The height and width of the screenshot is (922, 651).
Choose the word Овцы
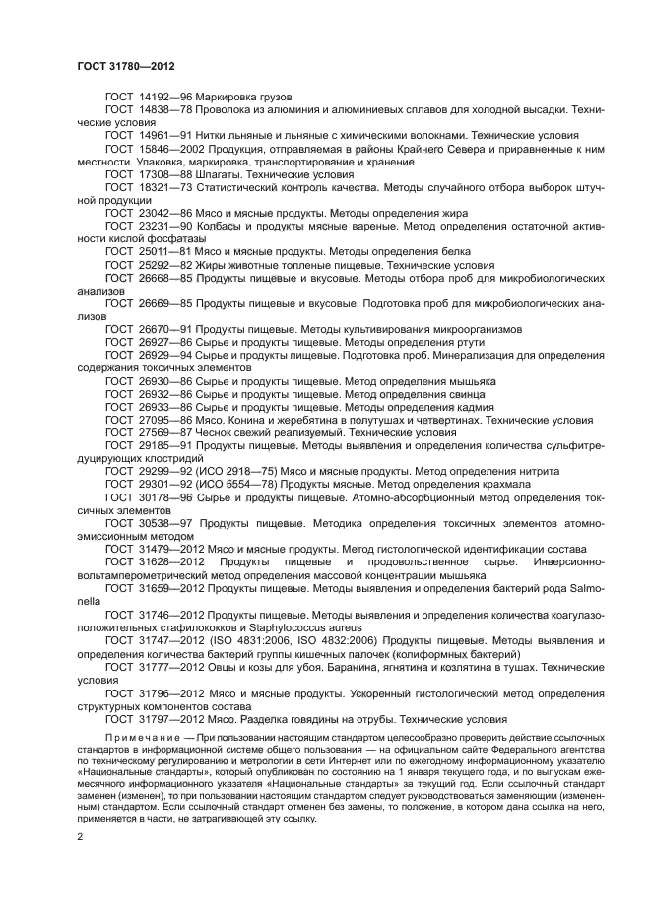click(x=229, y=667)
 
